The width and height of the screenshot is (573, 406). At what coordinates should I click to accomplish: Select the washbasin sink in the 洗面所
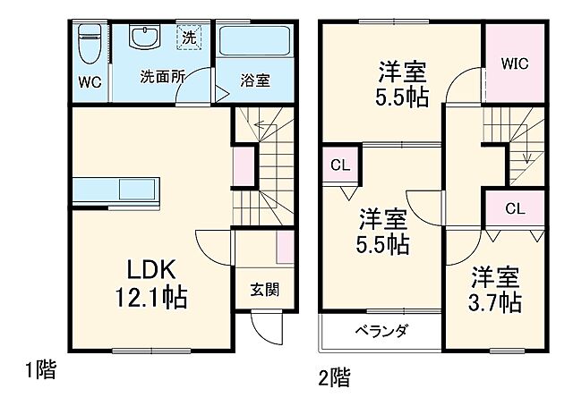[142, 39]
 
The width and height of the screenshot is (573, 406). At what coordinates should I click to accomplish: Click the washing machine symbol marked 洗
[189, 38]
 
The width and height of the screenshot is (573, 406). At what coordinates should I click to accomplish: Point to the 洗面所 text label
[162, 78]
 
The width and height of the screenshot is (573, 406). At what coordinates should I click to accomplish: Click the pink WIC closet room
[516, 64]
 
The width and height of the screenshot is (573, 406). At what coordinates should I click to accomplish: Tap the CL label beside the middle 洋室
[340, 165]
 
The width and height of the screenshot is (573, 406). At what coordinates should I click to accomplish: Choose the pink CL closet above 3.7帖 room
[513, 209]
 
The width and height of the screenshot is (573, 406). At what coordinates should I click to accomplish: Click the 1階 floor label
[39, 369]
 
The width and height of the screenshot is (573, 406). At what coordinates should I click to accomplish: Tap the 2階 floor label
[333, 376]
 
